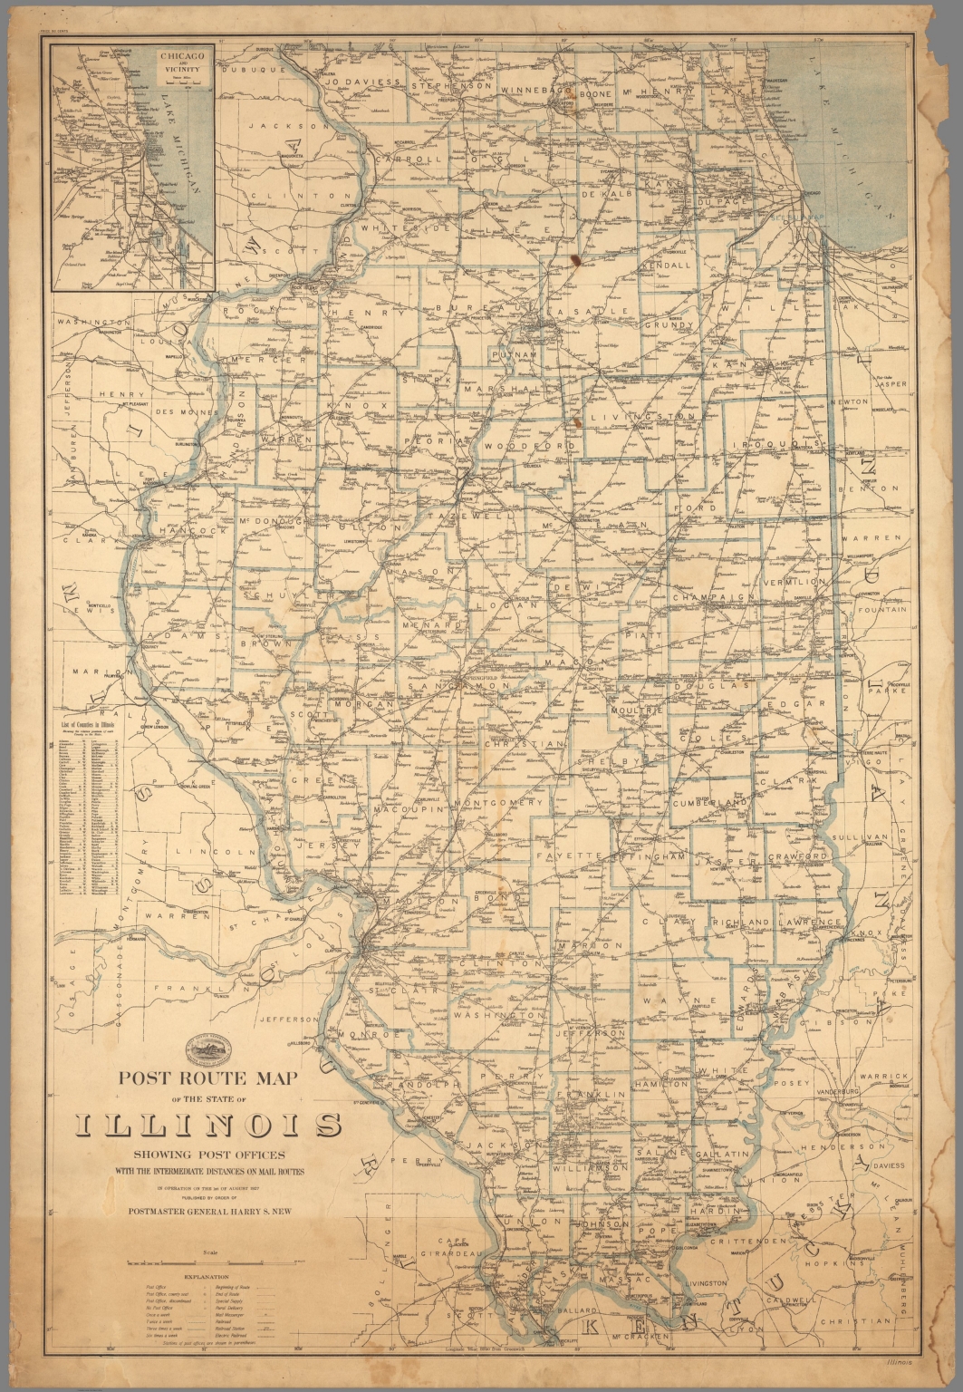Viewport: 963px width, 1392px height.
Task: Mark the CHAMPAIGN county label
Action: pos(713,597)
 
